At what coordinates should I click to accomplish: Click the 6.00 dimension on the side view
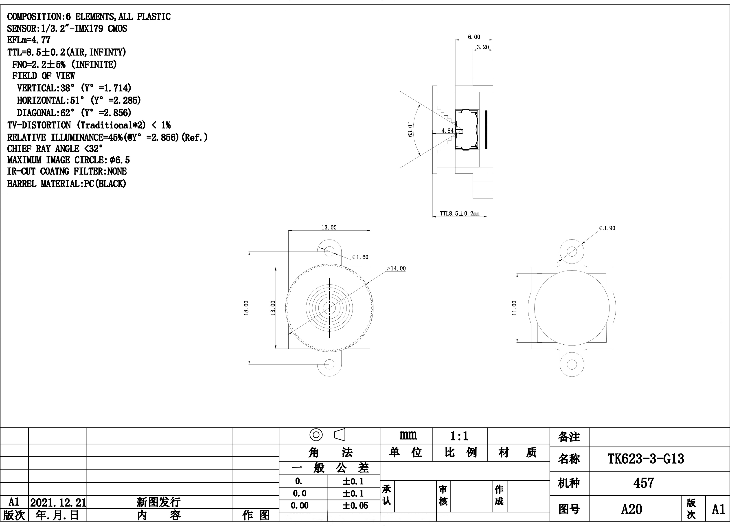[x=474, y=37]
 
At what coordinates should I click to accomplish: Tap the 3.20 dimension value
[x=482, y=47]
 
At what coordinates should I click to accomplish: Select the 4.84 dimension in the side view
[x=447, y=131]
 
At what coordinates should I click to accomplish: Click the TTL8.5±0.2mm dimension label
[x=460, y=213]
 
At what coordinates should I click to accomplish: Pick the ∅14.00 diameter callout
[x=396, y=269]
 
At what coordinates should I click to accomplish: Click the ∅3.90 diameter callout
[x=607, y=228]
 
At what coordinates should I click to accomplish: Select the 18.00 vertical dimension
[x=246, y=308]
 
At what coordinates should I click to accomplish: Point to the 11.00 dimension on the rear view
[x=514, y=308]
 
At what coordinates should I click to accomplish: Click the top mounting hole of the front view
[x=329, y=251]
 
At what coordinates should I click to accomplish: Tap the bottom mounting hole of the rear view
[x=572, y=364]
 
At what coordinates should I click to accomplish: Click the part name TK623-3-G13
[x=646, y=459]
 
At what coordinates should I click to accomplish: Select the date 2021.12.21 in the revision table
[x=58, y=502]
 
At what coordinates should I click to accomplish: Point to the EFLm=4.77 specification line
[x=29, y=40]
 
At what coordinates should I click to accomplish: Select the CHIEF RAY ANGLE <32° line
[x=55, y=149]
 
